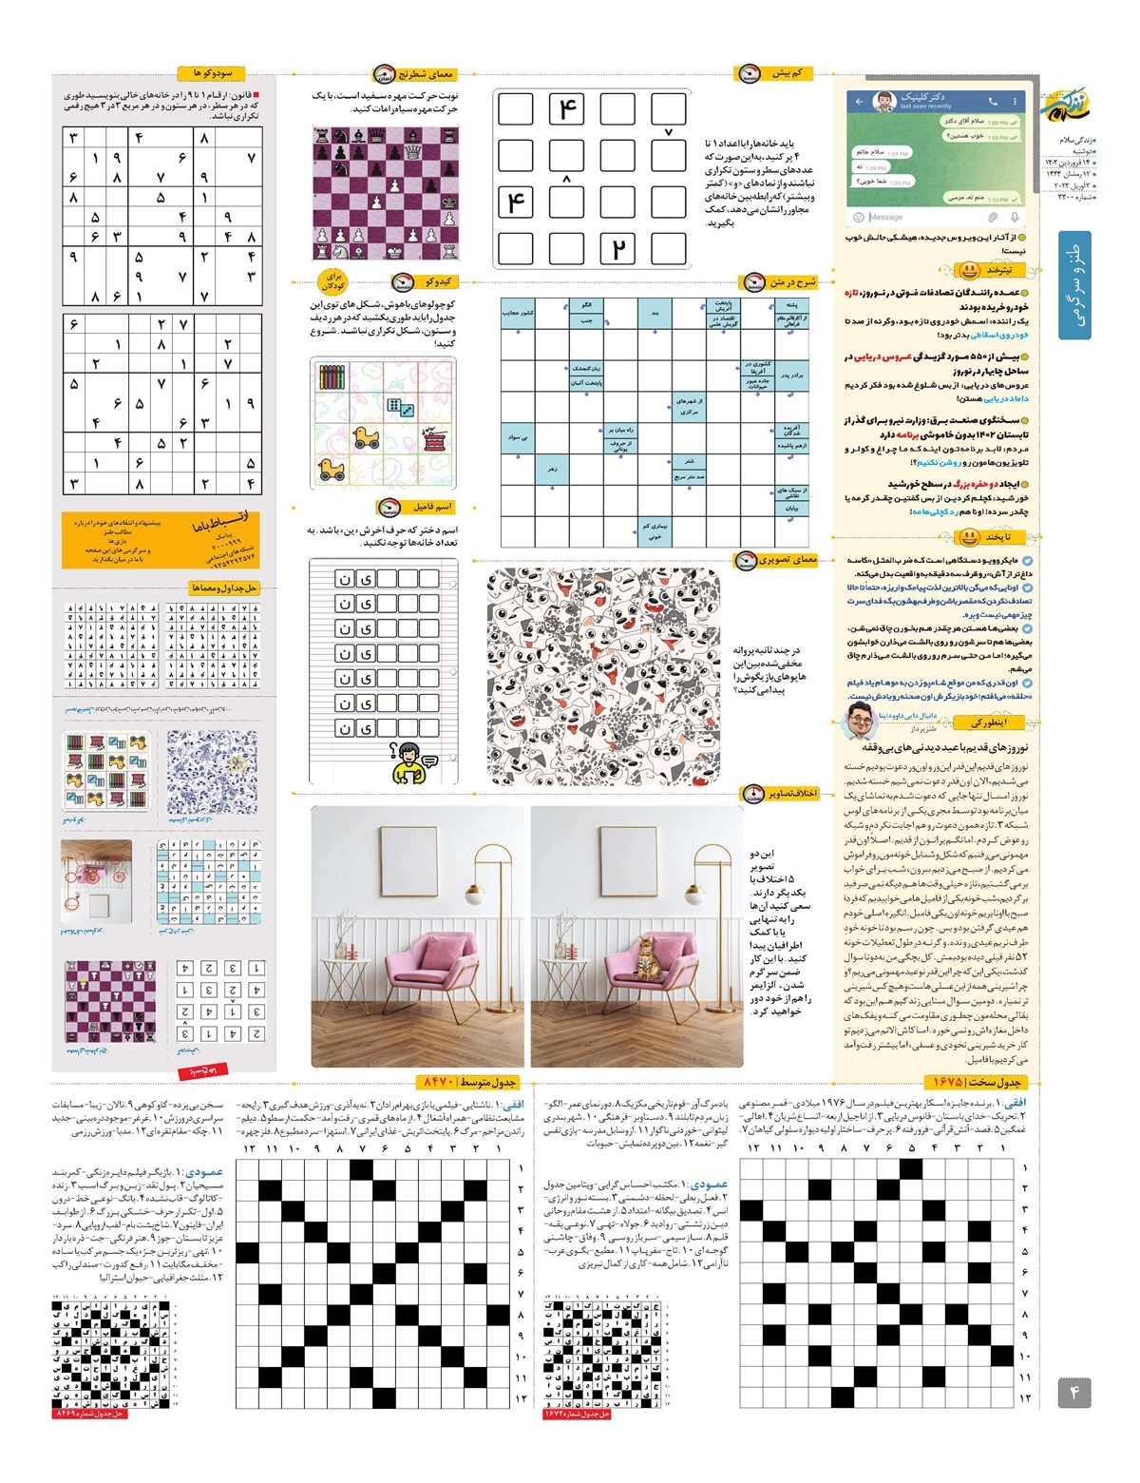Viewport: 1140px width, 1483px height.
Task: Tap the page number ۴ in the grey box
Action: coord(1074,1393)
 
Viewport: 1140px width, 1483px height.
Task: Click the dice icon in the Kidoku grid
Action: coord(399,407)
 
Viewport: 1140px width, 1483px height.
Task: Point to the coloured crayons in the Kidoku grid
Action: coord(331,377)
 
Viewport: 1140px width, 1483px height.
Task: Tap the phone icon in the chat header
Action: coord(993,101)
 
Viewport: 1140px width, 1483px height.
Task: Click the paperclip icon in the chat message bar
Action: coord(993,217)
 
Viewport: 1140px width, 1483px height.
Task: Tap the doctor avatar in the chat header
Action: coord(884,101)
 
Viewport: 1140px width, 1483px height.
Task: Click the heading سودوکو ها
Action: coord(212,73)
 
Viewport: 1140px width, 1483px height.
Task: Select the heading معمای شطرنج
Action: coord(425,74)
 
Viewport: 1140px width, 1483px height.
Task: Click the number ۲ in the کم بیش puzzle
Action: coord(617,249)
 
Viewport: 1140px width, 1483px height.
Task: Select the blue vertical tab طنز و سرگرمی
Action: coord(1074,285)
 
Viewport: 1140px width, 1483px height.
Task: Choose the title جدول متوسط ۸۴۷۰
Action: coord(469,1082)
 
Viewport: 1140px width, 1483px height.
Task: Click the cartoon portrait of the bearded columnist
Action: coord(860,722)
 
